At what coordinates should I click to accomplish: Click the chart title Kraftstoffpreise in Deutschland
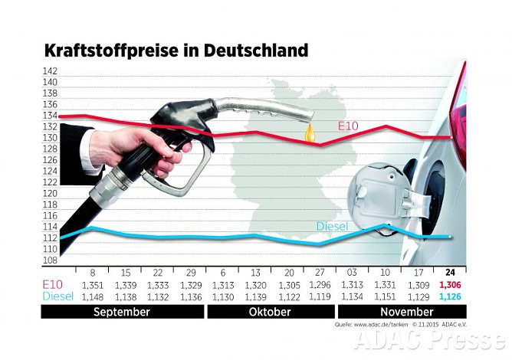[176, 51]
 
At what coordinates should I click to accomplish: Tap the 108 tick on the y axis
[50, 260]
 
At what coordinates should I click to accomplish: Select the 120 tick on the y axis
[50, 194]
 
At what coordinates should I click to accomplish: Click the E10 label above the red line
[350, 125]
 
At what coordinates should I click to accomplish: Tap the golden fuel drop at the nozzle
[310, 133]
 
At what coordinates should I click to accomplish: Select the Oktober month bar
[271, 313]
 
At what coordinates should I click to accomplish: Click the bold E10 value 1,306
[450, 286]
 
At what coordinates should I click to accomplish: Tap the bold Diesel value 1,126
[450, 297]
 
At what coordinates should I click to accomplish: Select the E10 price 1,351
[92, 286]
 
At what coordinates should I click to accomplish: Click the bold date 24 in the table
[450, 273]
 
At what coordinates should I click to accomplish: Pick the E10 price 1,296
[318, 286]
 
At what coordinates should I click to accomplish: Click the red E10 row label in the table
[54, 286]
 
